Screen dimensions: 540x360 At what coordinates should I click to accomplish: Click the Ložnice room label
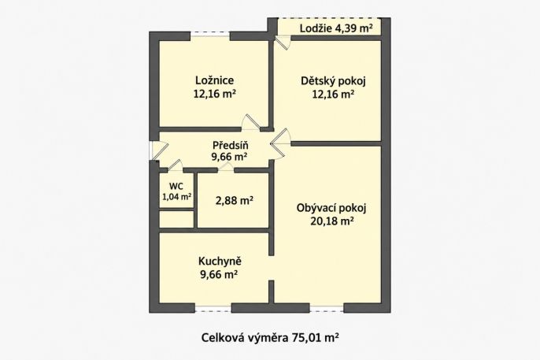(215, 80)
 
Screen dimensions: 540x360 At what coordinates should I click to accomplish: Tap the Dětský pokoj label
(333, 81)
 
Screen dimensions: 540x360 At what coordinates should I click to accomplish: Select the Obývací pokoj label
(331, 208)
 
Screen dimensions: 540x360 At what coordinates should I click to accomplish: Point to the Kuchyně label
(220, 261)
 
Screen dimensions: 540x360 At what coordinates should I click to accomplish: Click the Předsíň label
(231, 145)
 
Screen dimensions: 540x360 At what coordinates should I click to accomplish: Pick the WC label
(176, 187)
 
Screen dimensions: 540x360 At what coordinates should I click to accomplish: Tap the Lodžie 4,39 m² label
(336, 28)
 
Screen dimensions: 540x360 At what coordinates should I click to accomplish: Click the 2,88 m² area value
(235, 200)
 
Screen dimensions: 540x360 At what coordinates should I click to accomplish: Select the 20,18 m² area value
(332, 221)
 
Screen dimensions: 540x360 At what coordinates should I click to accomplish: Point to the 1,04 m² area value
(176, 197)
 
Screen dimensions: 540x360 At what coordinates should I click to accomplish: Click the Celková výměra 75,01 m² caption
(270, 338)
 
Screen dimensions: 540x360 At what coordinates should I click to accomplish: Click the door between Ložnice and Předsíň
(250, 123)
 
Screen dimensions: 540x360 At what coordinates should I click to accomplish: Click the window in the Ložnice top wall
(210, 34)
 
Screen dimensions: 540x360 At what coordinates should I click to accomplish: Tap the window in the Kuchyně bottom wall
(213, 310)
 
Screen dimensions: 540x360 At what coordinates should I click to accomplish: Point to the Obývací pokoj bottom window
(327, 310)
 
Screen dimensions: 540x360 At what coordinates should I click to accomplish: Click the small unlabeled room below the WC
(176, 219)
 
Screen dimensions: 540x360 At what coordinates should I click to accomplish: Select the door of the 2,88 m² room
(226, 167)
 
